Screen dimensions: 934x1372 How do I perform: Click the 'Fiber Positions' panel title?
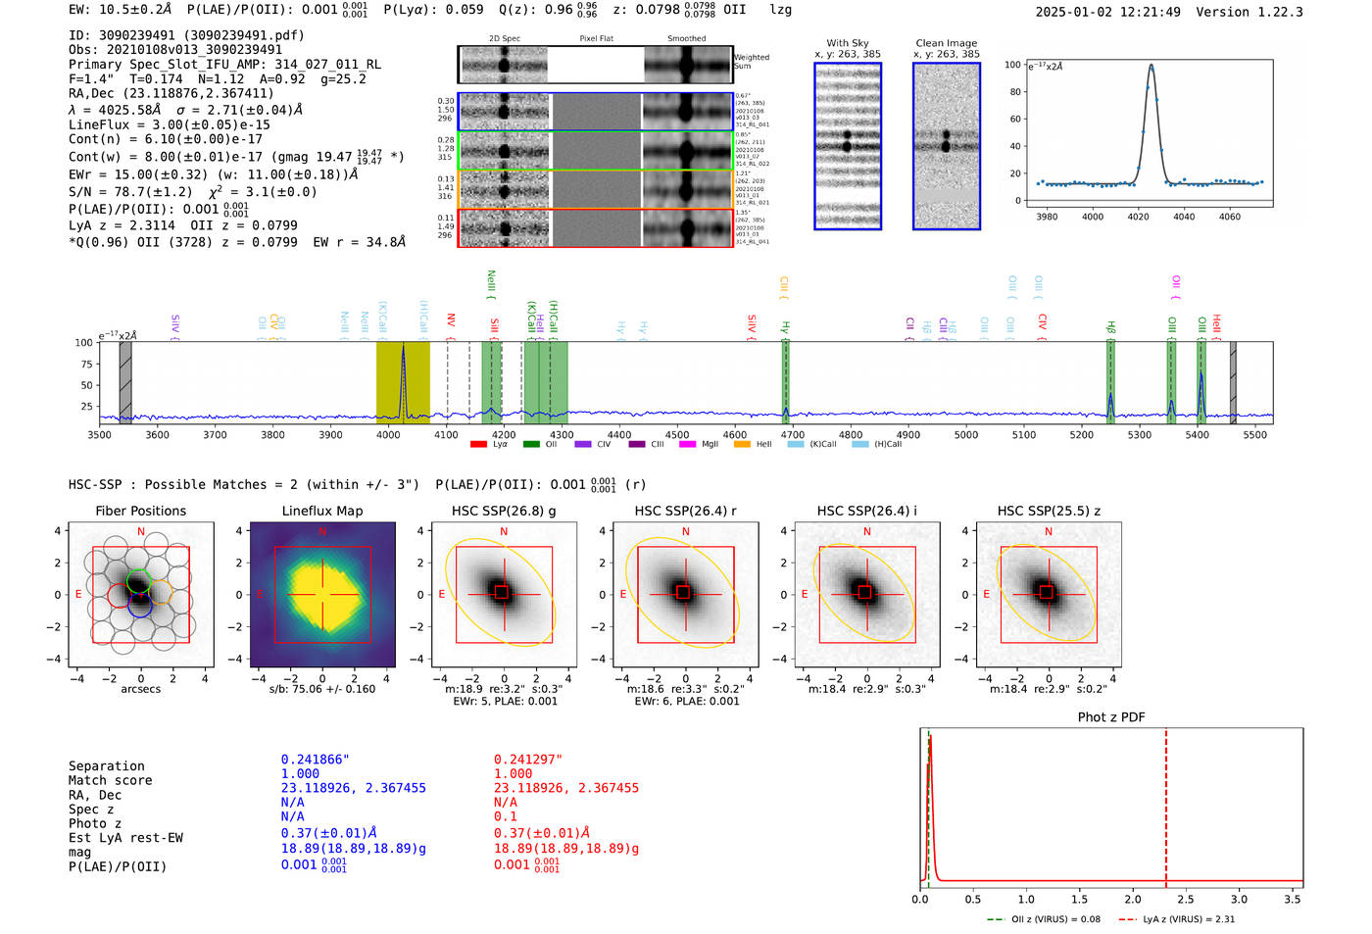[x=140, y=511]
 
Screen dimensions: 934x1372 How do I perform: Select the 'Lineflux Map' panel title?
[x=321, y=511]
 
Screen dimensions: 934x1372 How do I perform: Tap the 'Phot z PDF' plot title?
[x=1111, y=717]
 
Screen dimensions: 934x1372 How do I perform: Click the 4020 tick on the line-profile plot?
[x=1138, y=217]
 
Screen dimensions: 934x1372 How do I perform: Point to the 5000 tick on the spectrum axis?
[x=966, y=435]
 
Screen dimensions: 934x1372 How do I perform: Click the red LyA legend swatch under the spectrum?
[x=478, y=445]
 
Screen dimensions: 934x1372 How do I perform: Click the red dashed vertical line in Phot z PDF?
[x=1166, y=804]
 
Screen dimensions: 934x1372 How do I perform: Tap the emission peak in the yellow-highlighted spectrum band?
[x=403, y=349]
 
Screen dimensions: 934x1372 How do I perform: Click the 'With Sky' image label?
[x=848, y=43]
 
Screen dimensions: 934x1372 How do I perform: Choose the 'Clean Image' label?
[x=946, y=43]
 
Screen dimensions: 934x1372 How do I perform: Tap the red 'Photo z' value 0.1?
[x=505, y=816]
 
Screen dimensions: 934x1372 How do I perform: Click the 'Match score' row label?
[x=110, y=781]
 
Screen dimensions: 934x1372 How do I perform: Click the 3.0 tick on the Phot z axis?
[x=1239, y=899]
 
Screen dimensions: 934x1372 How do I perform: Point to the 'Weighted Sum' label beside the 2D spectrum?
[x=752, y=62]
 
